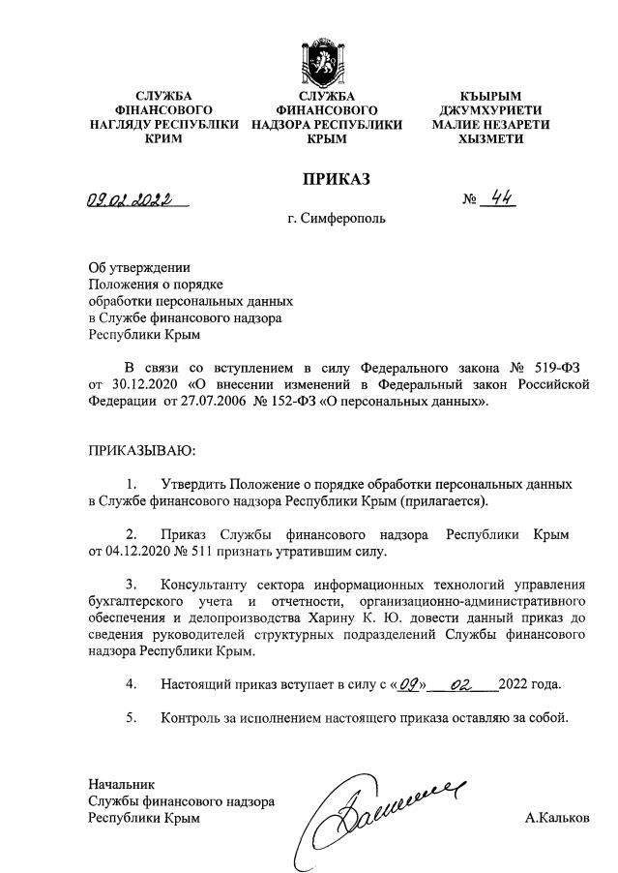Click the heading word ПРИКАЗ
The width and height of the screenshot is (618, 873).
click(x=336, y=178)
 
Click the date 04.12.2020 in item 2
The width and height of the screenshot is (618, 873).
click(x=142, y=552)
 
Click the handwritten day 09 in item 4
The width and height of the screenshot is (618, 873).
click(x=405, y=685)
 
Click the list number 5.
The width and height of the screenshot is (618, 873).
click(x=131, y=719)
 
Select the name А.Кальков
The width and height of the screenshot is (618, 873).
click(x=556, y=818)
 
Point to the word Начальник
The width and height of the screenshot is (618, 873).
click(x=121, y=783)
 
